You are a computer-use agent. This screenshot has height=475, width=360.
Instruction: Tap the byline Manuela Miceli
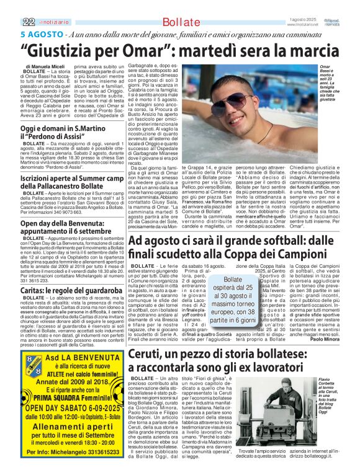coord(53,65)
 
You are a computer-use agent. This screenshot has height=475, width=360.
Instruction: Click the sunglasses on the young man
coord(237,100)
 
